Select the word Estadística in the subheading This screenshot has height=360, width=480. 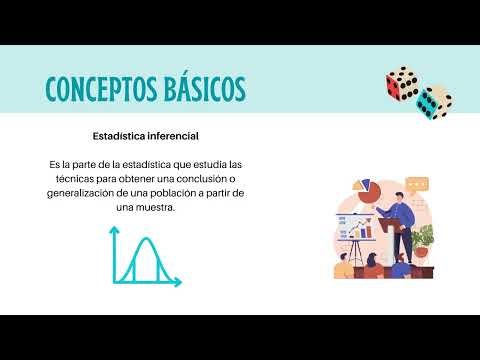[x=116, y=133]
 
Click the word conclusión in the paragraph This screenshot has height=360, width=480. [x=199, y=178]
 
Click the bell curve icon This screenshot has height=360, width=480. [x=144, y=260]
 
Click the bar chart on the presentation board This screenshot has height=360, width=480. [x=362, y=231]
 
